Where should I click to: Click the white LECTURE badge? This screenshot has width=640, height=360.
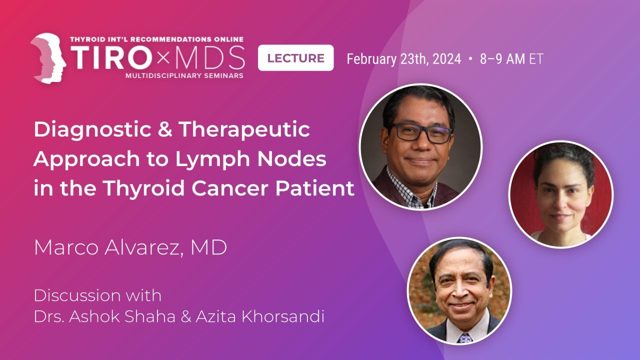click(295, 58)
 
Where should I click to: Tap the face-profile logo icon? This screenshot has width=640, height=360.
click(48, 58)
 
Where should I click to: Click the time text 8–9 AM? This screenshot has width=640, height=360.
click(502, 59)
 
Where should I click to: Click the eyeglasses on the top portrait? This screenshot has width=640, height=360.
click(421, 133)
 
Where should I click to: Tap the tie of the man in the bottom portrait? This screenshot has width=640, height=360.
click(465, 337)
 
